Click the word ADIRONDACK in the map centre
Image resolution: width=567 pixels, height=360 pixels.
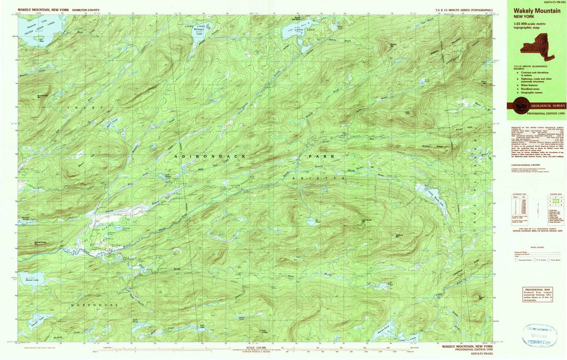tap(209, 156)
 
